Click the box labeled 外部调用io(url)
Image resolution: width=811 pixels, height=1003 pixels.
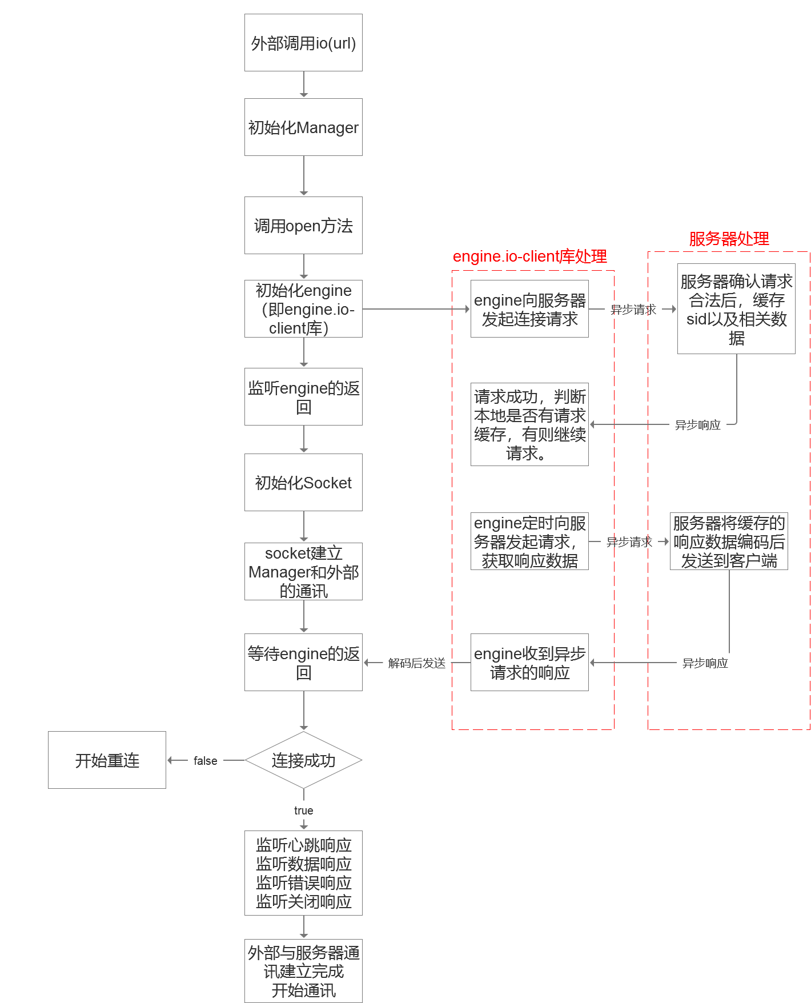303,43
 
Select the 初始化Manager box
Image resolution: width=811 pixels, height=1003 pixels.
303,127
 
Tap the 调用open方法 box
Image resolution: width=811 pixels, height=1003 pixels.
303,225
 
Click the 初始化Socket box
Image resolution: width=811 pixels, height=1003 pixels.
303,482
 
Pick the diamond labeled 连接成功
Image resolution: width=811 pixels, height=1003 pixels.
303,760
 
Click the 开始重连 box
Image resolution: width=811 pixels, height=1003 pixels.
107,760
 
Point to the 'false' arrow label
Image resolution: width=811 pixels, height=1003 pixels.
205,761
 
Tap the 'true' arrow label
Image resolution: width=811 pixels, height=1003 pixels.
303,811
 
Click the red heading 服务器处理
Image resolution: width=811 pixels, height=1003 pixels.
729,239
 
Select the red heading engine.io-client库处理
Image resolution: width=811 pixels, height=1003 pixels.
529,256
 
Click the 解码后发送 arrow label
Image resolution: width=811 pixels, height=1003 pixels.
416,663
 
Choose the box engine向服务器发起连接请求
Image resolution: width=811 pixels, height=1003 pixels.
529,309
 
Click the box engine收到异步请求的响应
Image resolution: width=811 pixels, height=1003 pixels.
529,663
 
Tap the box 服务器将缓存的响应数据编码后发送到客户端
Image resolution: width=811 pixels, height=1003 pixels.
729,541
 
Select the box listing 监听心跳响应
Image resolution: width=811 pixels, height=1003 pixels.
303,873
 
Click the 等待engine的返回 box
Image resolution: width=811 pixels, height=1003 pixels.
303,663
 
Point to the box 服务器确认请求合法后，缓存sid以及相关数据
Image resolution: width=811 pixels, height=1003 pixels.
736,309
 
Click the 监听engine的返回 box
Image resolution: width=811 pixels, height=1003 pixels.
303,397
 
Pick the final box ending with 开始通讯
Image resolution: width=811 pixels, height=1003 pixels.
303,971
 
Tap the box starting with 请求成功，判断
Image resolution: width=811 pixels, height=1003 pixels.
529,424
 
